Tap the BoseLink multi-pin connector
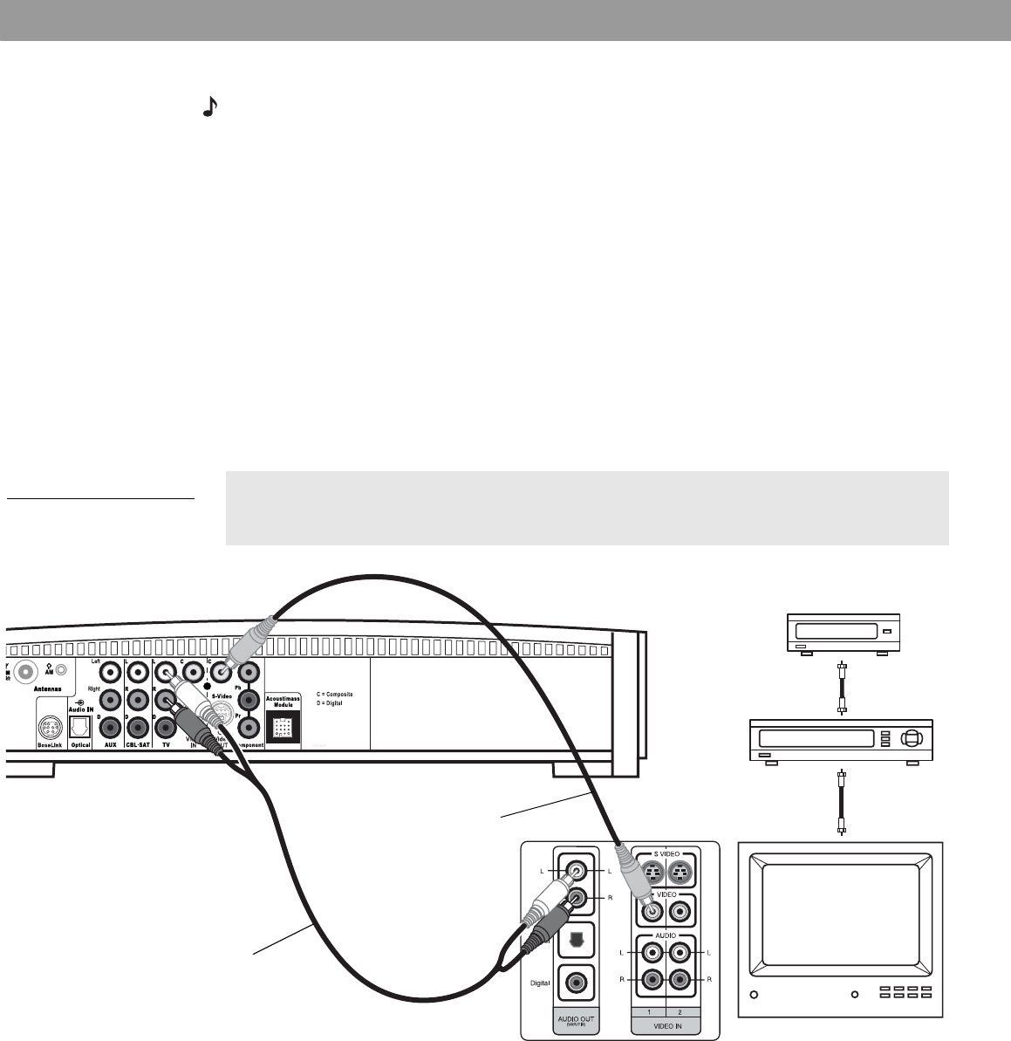[49, 729]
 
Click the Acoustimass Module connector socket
[281, 726]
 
